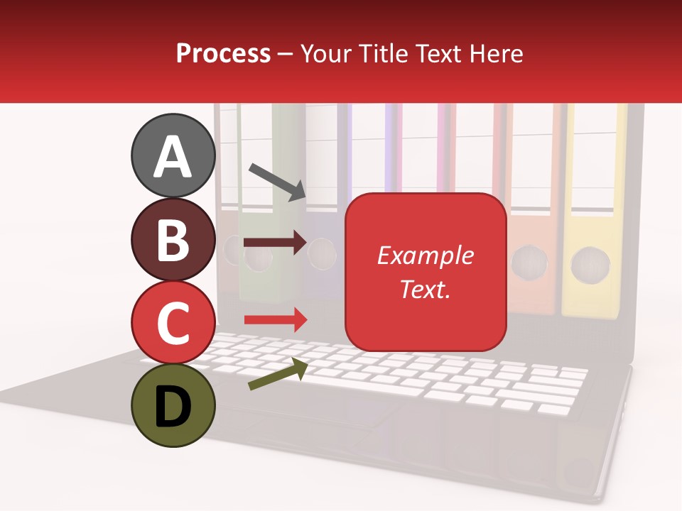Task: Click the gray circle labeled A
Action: tap(173, 156)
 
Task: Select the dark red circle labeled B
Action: tap(173, 240)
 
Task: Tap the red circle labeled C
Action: tap(173, 322)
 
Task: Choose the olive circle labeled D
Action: tap(173, 405)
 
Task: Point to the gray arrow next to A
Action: tap(277, 181)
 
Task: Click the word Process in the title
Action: tap(223, 53)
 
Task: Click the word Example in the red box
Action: tap(425, 255)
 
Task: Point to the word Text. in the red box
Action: tap(425, 289)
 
